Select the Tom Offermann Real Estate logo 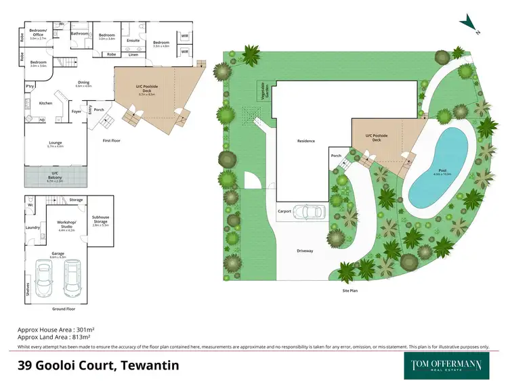(x=448, y=365)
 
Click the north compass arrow (x=469, y=24)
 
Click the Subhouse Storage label (x=101, y=219)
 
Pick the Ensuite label (x=133, y=41)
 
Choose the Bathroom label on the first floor (x=81, y=33)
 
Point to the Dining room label (x=83, y=85)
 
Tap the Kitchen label (x=45, y=104)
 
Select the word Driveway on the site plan (x=305, y=251)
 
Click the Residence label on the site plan (x=306, y=141)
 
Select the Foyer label (x=77, y=111)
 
